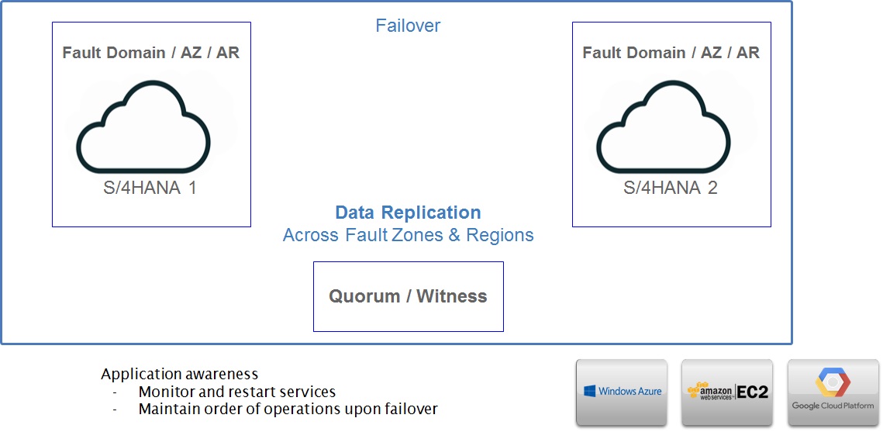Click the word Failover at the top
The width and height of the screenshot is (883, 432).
point(408,26)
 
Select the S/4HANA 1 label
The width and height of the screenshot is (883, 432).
point(150,187)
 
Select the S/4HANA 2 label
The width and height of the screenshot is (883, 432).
point(670,187)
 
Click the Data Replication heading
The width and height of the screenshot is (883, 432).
point(409,213)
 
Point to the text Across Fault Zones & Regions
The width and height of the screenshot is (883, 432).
point(409,235)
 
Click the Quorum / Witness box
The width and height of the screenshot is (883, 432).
point(409,296)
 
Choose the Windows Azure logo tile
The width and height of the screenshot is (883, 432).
point(622,392)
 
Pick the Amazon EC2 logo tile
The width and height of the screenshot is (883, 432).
point(727,392)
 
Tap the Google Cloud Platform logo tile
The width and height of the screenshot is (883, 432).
point(833,392)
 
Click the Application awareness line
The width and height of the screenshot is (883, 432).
point(180,374)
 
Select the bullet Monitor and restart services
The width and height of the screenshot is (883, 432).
point(237,392)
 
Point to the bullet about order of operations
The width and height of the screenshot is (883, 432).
point(288,409)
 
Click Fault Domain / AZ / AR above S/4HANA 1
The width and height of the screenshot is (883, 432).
point(151,53)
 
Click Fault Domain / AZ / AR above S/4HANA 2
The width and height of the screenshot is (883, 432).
point(671,53)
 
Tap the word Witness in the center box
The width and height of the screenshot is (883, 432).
point(452,296)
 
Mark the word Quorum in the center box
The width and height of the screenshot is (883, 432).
point(365,296)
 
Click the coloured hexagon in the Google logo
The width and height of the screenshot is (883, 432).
point(833,382)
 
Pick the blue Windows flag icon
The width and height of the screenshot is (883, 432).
point(590,391)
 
